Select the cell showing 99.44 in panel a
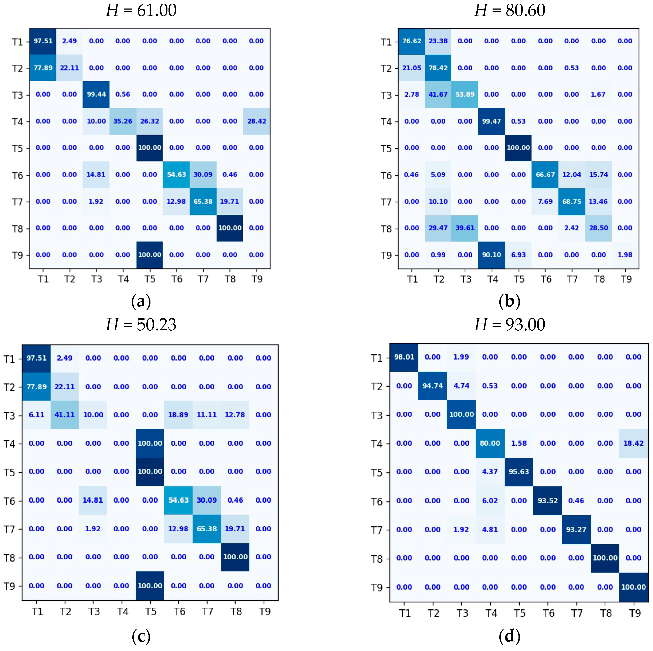pos(96,94)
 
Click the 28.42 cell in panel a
pos(256,121)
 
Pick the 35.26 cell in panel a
pos(123,121)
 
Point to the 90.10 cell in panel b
pos(492,255)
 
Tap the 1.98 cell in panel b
pos(625,255)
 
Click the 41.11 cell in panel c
pos(65,415)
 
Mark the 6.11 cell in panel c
pos(37,415)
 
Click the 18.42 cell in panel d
pos(633,443)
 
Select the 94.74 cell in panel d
pos(433,386)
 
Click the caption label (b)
pos(509,301)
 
